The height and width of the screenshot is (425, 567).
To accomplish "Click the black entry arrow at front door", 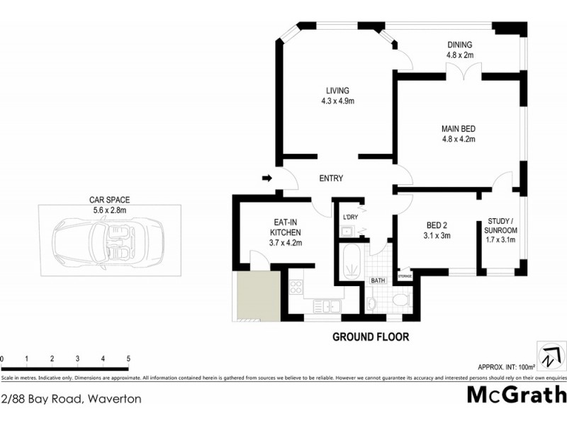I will [x=266, y=178].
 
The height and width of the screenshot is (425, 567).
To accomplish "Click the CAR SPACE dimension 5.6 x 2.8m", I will [x=109, y=210].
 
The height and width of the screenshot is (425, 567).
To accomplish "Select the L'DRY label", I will [x=350, y=217].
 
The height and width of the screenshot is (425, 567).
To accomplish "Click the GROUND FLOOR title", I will [x=371, y=337].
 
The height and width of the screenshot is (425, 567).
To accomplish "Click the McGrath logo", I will [x=517, y=395].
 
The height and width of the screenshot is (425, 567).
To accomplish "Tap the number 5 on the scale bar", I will [x=128, y=358].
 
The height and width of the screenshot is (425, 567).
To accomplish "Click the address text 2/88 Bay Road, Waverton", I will [x=71, y=399].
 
